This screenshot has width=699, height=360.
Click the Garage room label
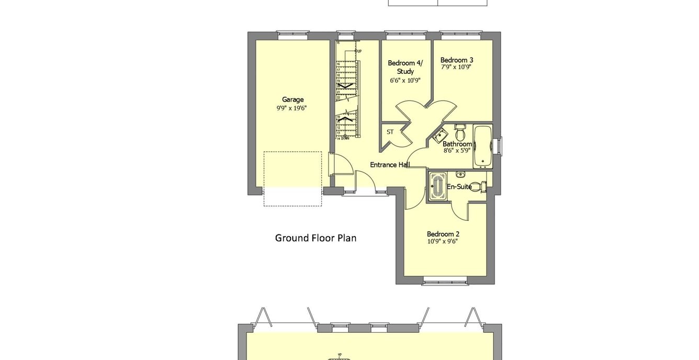click(292, 99)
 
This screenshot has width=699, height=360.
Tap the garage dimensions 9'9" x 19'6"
click(292, 108)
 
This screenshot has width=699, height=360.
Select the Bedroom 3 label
click(457, 60)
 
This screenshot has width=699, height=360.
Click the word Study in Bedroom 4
click(405, 72)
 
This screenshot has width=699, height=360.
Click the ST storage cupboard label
click(390, 132)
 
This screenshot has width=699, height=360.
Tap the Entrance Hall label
click(390, 165)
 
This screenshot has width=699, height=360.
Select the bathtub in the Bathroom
click(483, 146)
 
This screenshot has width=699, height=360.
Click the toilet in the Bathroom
click(460, 129)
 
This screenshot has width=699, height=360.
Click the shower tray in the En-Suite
click(436, 187)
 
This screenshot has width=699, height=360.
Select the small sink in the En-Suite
click(460, 174)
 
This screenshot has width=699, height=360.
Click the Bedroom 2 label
click(443, 234)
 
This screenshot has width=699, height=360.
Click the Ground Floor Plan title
click(315, 238)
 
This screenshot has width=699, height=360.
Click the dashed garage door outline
click(292, 179)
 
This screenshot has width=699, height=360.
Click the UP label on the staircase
click(359, 51)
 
